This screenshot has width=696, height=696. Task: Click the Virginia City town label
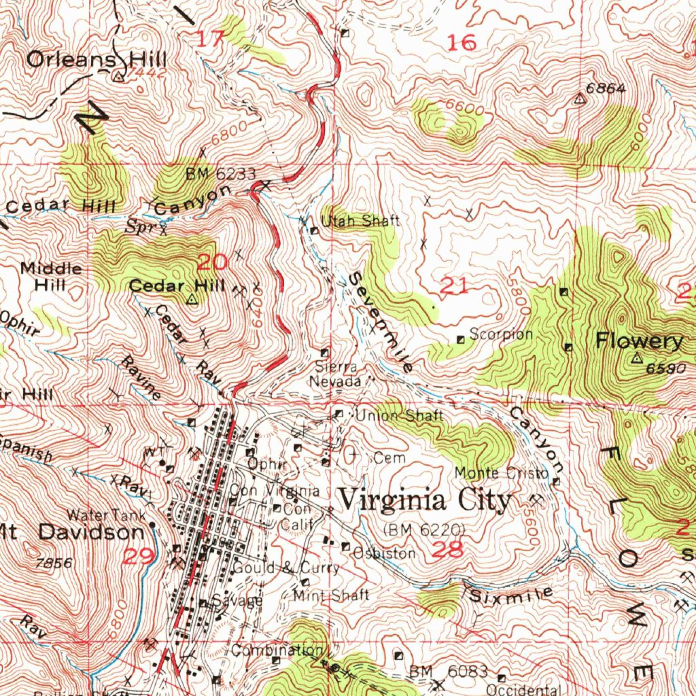[425, 501]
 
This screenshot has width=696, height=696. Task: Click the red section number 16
[462, 43]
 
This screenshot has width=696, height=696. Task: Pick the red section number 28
[448, 550]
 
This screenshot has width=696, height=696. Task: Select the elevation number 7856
[54, 563]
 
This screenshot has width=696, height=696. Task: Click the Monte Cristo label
[502, 472]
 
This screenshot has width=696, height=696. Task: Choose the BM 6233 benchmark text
[221, 175]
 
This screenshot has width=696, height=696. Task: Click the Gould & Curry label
[285, 568]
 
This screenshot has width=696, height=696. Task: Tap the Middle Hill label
[51, 277]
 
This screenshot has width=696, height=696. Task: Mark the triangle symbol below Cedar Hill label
[192, 298]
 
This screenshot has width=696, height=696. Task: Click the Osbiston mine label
[383, 553]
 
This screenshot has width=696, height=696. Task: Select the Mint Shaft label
[331, 595]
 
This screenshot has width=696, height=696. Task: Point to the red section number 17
[211, 39]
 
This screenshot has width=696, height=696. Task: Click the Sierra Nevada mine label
[335, 375]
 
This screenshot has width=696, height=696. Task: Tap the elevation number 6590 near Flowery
[664, 368]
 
